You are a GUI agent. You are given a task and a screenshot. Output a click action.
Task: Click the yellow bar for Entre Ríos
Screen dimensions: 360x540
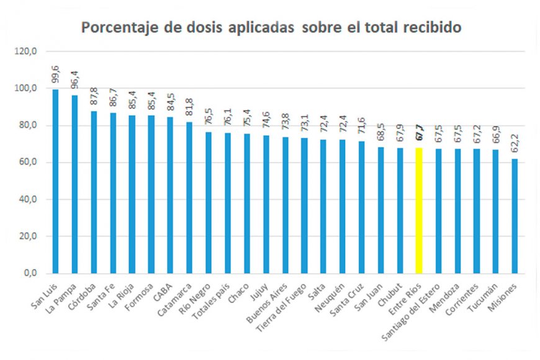coord(419,210)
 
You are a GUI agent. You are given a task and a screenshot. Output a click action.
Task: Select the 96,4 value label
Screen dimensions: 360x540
coord(74,80)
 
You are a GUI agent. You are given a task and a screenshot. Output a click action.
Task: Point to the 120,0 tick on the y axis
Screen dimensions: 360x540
coord(30,52)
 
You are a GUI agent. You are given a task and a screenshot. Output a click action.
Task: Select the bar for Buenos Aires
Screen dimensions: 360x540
coord(285,205)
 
